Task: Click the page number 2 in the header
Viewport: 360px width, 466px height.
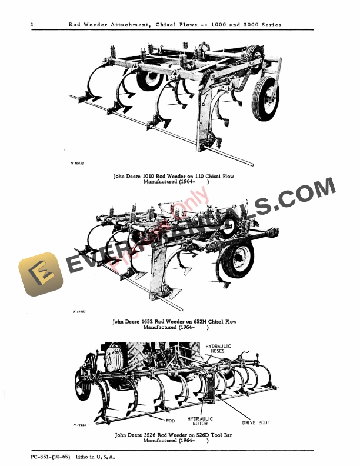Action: tap(31, 25)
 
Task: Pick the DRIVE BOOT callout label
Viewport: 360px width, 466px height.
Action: tap(256, 422)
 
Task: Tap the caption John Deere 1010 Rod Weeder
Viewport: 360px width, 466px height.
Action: tap(176, 176)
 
